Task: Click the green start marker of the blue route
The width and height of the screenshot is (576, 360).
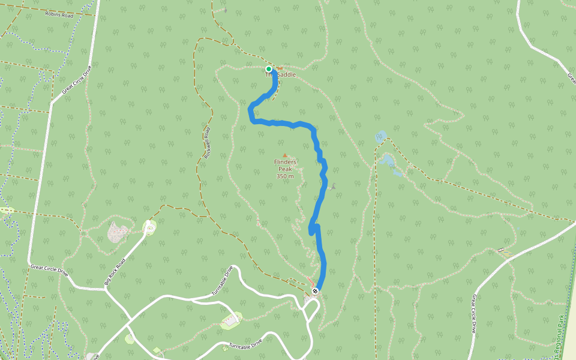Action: pyautogui.click(x=269, y=69)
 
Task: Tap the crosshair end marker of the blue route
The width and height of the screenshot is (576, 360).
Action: pyautogui.click(x=315, y=292)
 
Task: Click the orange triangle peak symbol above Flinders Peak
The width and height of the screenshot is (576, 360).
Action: pyautogui.click(x=285, y=155)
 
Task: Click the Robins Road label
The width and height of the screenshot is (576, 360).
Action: pyautogui.click(x=59, y=14)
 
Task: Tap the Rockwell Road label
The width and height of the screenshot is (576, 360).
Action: pyautogui.click(x=208, y=143)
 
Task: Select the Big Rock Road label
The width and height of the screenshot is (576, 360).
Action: pyautogui.click(x=115, y=272)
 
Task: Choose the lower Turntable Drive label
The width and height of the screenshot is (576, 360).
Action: pyautogui.click(x=242, y=346)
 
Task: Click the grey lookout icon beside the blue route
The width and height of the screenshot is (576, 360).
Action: pyautogui.click(x=333, y=187)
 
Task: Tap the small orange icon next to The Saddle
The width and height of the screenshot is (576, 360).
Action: pyautogui.click(x=280, y=68)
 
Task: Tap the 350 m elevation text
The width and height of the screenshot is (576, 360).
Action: pyautogui.click(x=285, y=176)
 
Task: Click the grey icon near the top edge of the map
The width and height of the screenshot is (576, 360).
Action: pyautogui.click(x=225, y=10)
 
